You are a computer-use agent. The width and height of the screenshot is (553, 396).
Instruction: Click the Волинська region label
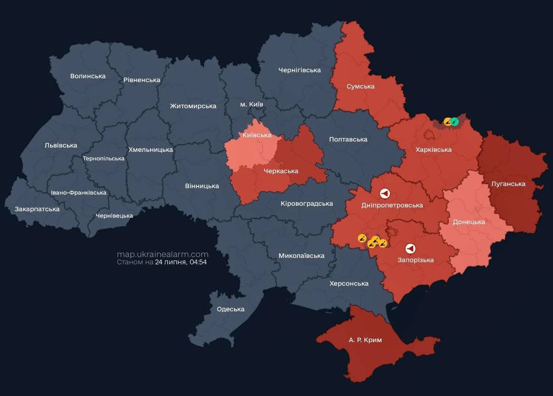click(88, 76)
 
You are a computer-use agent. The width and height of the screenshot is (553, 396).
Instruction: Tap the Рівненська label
click(141, 80)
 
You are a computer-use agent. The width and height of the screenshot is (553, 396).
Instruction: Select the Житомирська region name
click(193, 106)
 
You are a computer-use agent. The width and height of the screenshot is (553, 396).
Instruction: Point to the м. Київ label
click(251, 104)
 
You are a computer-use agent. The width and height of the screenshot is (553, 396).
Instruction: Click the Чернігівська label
click(299, 70)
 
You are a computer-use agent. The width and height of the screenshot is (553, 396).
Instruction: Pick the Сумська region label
click(360, 86)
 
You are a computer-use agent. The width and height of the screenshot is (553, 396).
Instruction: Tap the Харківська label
click(433, 150)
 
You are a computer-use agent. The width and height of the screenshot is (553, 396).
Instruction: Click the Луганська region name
click(508, 184)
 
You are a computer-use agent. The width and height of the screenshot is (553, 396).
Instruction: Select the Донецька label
click(469, 222)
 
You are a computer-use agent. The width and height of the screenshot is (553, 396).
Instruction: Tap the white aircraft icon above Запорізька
click(410, 248)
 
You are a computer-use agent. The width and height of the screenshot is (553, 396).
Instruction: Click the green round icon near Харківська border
click(454, 122)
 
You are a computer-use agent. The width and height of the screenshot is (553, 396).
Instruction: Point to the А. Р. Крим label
click(365, 340)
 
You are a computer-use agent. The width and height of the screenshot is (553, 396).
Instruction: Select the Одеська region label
click(230, 309)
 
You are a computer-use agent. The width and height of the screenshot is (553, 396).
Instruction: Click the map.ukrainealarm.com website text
click(162, 255)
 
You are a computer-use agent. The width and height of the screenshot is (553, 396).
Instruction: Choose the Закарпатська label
click(37, 209)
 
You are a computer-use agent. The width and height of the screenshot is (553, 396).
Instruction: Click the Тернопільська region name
click(103, 158)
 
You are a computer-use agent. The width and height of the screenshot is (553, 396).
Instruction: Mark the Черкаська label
click(281, 171)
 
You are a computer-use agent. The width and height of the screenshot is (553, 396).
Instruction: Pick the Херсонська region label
click(349, 283)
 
